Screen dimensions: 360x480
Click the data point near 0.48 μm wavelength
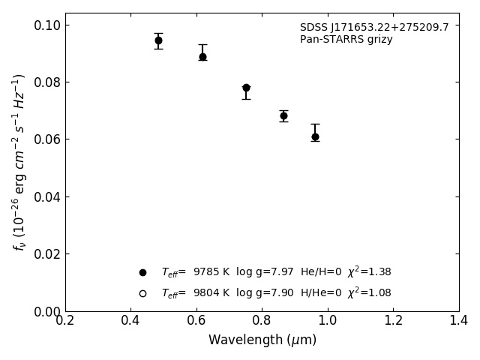[x=158, y=40]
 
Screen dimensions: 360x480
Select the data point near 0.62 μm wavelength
[x=202, y=56]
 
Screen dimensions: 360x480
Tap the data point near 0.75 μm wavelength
[x=246, y=88]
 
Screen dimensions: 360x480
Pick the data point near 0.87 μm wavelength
[x=283, y=115]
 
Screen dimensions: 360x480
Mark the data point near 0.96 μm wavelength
[x=315, y=136]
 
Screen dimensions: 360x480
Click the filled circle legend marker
[x=142, y=272]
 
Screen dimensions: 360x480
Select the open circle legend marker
[x=142, y=293]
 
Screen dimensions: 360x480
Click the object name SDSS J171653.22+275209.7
[x=374, y=28]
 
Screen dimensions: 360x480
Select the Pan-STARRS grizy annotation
[x=346, y=40]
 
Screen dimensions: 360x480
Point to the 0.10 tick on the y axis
[x=47, y=25]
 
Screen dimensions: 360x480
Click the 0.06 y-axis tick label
[x=47, y=139]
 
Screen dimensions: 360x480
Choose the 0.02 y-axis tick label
[x=47, y=254]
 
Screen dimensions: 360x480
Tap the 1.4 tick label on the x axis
[x=458, y=320]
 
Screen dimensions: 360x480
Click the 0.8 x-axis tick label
[x=262, y=320]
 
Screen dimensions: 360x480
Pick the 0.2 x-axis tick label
[x=65, y=320]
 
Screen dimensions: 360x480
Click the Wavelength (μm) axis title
[x=262, y=340]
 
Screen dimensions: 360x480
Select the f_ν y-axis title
[x=19, y=161]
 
